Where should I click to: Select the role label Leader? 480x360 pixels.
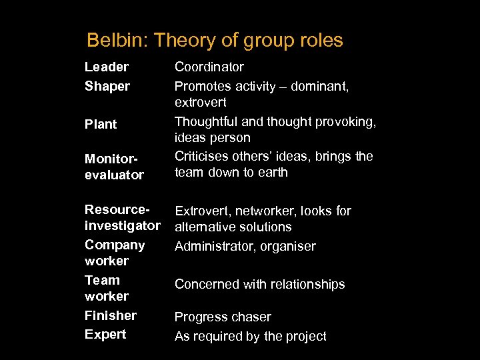[x=107, y=67]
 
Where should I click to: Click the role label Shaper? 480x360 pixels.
[x=107, y=86]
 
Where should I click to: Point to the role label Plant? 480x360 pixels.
[x=101, y=124]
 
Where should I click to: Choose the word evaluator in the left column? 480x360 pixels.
[x=114, y=175]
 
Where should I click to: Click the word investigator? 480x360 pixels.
[x=123, y=226]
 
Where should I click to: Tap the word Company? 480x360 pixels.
[x=115, y=245]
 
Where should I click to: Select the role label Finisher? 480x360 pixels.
[x=111, y=315]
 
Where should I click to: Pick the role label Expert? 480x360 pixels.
[x=105, y=334]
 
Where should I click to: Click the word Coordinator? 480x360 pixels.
[x=209, y=67]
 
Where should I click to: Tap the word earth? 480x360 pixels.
[x=273, y=172]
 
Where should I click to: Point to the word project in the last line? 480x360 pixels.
[x=306, y=336]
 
